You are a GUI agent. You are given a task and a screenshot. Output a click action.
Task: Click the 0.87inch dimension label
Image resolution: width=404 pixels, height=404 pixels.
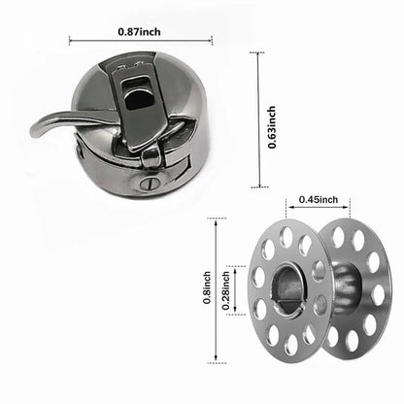coord(141,29)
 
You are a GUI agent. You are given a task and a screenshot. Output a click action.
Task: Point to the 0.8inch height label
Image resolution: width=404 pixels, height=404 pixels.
coord(207,288)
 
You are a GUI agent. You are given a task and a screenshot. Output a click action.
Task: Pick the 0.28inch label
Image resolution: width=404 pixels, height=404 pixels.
coord(226,288)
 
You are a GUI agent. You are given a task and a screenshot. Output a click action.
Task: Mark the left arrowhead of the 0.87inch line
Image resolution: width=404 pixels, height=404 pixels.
coord(72,40)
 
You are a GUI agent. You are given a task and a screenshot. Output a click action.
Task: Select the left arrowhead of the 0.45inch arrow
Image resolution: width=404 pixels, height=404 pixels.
coord(287,209)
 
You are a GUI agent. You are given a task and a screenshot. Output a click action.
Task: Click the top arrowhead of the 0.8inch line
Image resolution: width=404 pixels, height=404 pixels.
coord(216,222)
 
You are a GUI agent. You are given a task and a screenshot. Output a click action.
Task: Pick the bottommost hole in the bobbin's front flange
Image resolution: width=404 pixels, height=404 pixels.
coord(288,344)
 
